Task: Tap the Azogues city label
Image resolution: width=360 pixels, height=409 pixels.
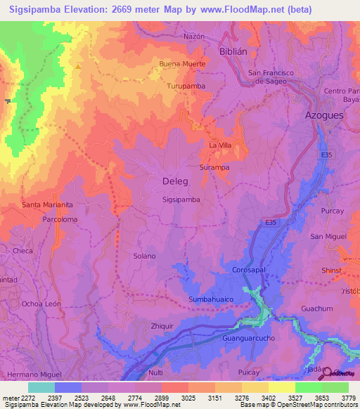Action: [323, 115]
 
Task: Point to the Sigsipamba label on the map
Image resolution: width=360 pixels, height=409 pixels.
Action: [181, 200]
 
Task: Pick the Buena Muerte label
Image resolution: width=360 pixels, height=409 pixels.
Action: [183, 64]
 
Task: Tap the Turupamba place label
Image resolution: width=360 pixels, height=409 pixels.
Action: [186, 86]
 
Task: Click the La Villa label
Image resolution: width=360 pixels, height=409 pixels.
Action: [220, 145]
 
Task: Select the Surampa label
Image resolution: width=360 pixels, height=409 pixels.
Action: [214, 168]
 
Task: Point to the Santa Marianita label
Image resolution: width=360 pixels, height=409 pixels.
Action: [47, 204]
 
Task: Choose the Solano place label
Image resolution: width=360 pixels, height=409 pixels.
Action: [144, 257]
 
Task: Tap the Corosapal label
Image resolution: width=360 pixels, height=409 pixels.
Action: [247, 270]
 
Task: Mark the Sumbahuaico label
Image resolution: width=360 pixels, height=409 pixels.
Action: [210, 299]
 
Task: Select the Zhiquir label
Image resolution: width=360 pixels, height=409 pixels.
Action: [162, 326]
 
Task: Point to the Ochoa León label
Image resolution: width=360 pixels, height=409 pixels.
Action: [41, 304]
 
